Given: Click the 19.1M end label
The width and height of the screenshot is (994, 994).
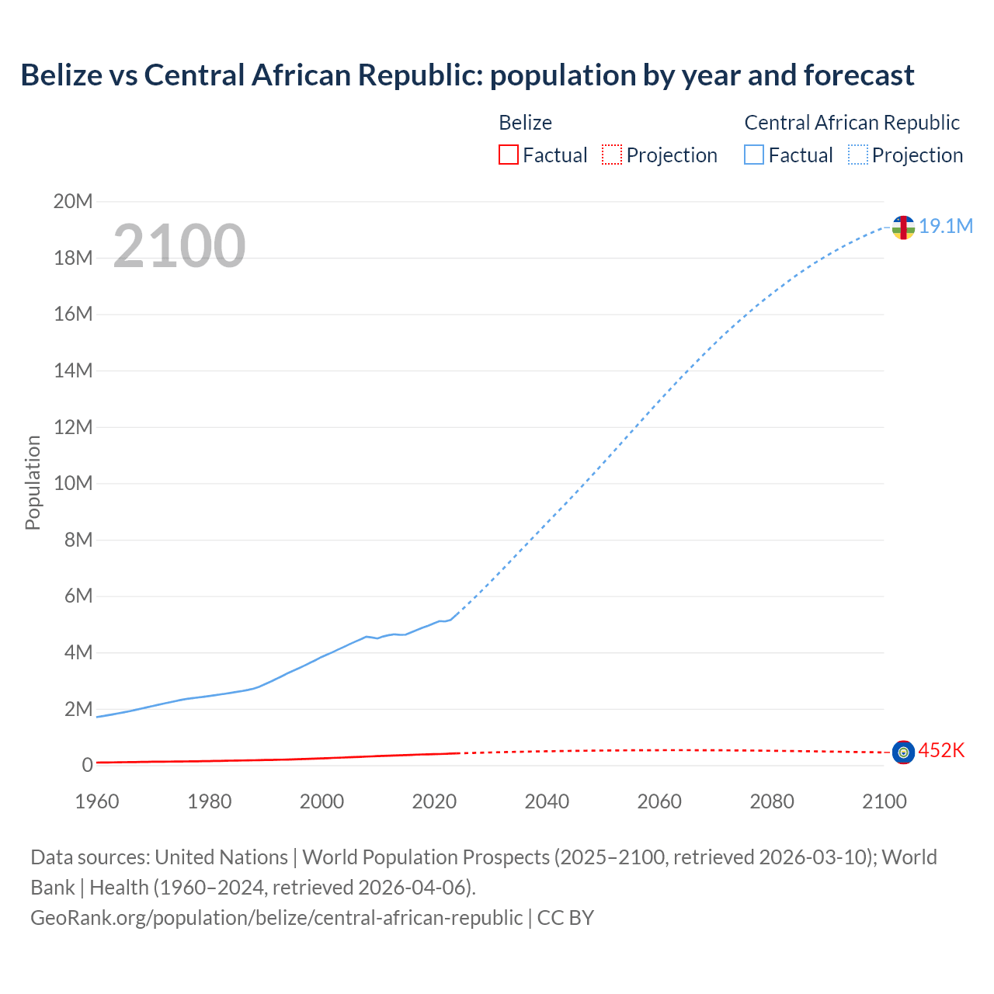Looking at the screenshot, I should [x=946, y=226].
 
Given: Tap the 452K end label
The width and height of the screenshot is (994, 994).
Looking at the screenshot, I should [x=941, y=750].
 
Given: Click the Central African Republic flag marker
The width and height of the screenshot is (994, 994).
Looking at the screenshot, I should [x=903, y=228].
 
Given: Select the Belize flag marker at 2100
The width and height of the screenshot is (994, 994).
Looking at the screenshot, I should [x=903, y=752].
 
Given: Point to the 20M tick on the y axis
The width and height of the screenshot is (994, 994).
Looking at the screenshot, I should [x=73, y=202].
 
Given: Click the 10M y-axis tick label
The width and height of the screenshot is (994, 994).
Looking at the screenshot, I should [x=73, y=483].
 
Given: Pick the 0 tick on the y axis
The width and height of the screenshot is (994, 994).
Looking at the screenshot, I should [x=87, y=765].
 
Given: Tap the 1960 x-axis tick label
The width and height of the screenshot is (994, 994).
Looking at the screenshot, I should [x=97, y=801].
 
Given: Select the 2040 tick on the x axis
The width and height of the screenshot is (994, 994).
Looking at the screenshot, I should [x=547, y=801].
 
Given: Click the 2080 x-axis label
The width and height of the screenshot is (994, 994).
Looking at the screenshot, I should [x=772, y=801].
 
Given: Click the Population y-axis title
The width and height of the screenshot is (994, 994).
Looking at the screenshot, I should [x=33, y=482].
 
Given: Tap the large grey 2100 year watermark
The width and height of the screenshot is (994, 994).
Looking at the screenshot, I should [x=179, y=246].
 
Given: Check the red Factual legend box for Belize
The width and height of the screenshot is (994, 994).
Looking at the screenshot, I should [x=508, y=155].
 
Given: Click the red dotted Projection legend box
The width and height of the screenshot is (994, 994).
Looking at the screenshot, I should [x=612, y=155].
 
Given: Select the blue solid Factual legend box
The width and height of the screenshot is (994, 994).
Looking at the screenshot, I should [x=754, y=155].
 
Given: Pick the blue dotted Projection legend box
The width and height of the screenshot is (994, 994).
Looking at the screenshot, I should [x=858, y=155].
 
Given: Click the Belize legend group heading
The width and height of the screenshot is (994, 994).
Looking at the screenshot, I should [x=525, y=123].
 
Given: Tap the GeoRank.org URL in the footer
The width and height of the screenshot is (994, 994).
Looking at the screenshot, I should [x=276, y=917].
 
